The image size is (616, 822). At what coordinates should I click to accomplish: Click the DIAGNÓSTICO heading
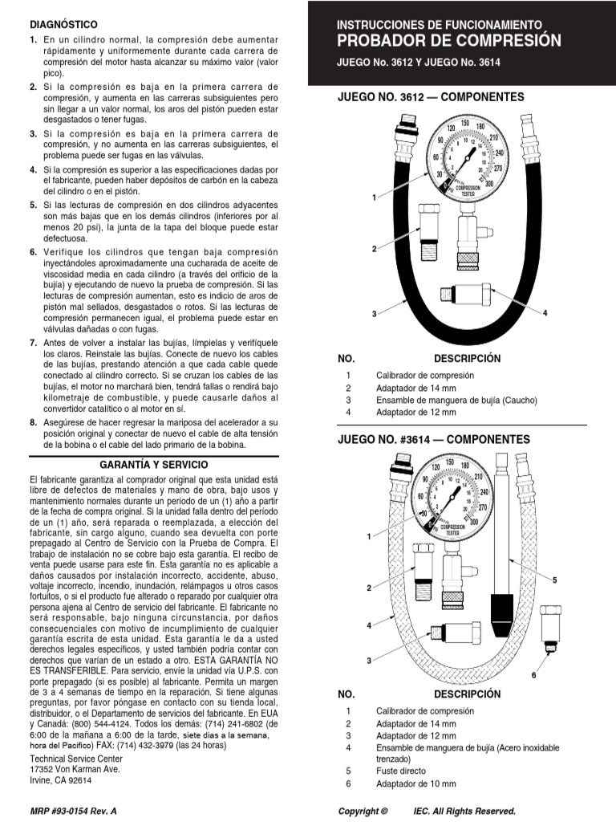coord(63,26)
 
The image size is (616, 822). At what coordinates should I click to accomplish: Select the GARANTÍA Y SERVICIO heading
coord(154,465)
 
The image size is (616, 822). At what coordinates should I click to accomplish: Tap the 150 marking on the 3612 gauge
coord(464,122)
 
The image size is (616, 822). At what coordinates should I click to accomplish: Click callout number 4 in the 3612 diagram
coord(545,312)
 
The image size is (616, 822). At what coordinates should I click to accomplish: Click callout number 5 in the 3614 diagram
coord(554,579)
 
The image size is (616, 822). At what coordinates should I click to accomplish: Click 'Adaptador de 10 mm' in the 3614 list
coord(415,783)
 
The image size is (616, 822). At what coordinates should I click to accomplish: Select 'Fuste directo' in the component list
coord(400,771)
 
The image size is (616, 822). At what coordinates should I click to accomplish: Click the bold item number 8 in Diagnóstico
coord(33,421)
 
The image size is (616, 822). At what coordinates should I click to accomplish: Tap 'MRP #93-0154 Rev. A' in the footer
coord(73,811)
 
